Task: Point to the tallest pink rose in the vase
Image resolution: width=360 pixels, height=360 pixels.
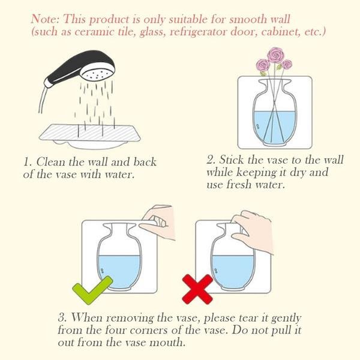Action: coord(275,55)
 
